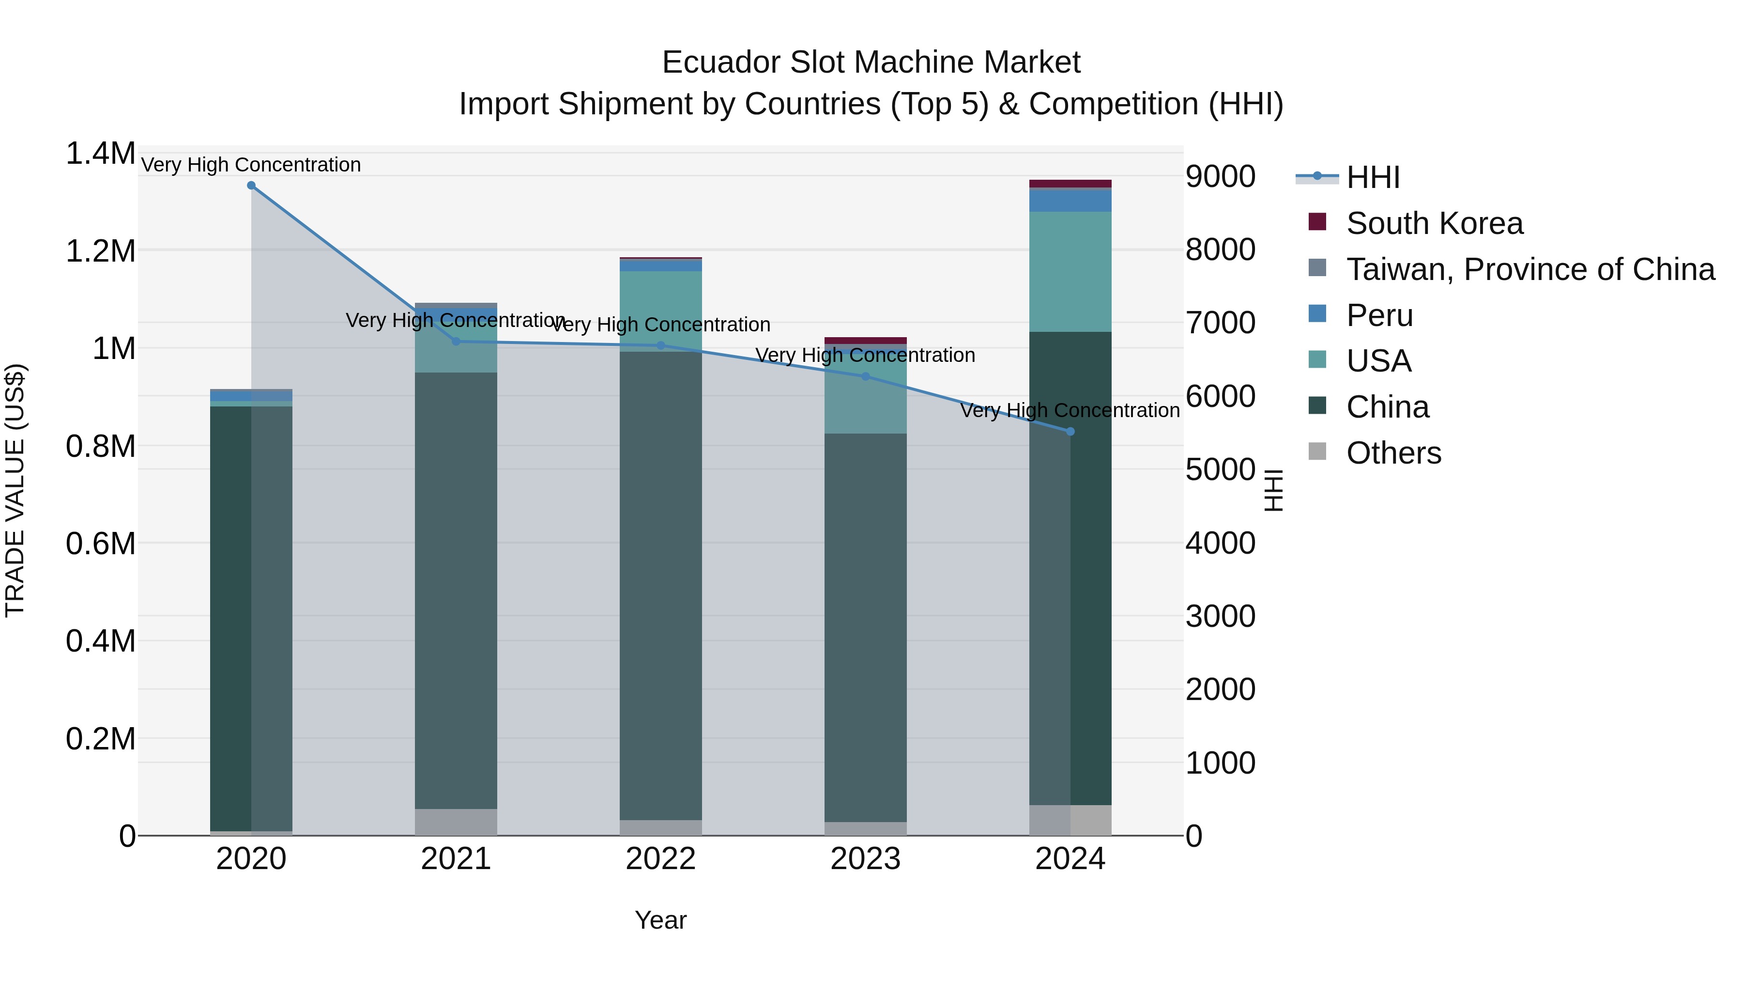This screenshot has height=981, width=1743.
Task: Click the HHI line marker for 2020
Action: [x=251, y=186]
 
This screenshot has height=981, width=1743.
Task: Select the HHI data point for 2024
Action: [x=1070, y=431]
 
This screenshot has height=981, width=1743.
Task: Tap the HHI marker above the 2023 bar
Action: [x=865, y=376]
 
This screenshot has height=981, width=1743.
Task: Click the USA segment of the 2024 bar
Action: [x=1070, y=271]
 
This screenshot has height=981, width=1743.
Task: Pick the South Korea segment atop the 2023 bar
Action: [x=865, y=341]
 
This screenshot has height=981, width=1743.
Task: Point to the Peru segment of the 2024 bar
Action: [x=1070, y=201]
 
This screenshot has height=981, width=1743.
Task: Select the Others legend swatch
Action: [x=1317, y=451]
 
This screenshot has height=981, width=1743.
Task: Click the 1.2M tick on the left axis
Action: [x=100, y=251]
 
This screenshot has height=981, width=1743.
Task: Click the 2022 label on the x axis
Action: [x=660, y=859]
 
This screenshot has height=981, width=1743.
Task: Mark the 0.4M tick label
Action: [x=100, y=640]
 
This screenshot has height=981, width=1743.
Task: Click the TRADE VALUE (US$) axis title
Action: [x=15, y=490]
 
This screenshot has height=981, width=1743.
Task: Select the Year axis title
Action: [x=660, y=920]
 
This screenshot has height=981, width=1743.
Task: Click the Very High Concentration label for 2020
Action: [x=251, y=165]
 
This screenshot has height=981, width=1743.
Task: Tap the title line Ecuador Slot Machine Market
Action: [x=871, y=62]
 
